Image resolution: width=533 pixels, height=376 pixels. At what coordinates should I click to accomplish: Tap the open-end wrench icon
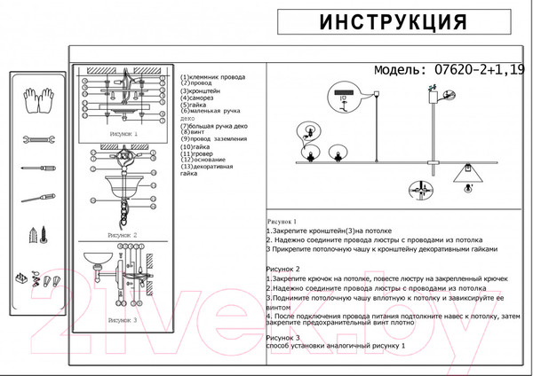point(38,139)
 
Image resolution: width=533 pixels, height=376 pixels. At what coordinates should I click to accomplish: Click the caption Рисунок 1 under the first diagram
point(123,135)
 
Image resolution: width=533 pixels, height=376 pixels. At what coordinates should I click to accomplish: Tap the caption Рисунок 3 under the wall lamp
point(122,319)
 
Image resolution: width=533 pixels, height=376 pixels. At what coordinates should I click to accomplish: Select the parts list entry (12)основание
point(205,160)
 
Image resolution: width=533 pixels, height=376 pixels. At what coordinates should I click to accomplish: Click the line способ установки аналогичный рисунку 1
point(335,345)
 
